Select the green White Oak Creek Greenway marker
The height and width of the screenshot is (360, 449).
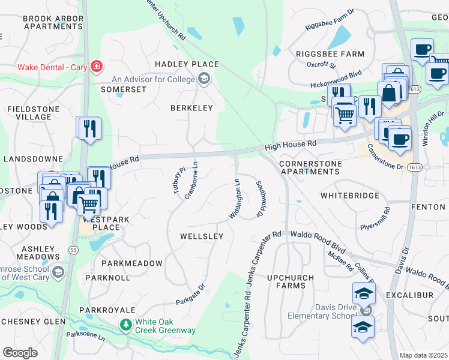click(125, 325)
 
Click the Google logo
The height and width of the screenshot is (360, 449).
click(20, 352)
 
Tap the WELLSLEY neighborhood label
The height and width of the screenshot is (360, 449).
click(202, 236)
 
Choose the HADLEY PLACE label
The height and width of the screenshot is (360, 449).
click(186, 64)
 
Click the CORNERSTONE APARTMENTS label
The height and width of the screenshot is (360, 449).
click(311, 167)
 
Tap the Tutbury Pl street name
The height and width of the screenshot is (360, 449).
click(176, 180)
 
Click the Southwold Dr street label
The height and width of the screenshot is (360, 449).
click(260, 199)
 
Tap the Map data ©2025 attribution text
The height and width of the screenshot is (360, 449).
click(424, 355)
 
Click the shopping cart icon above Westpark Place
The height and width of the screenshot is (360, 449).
click(89, 203)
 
